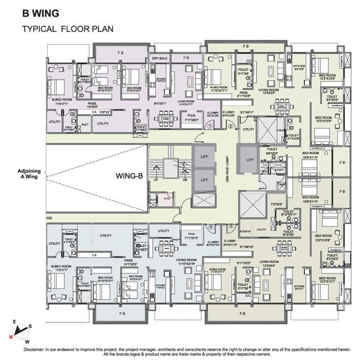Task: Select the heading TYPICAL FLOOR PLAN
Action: [68, 29]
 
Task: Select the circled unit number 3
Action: [230, 226]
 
